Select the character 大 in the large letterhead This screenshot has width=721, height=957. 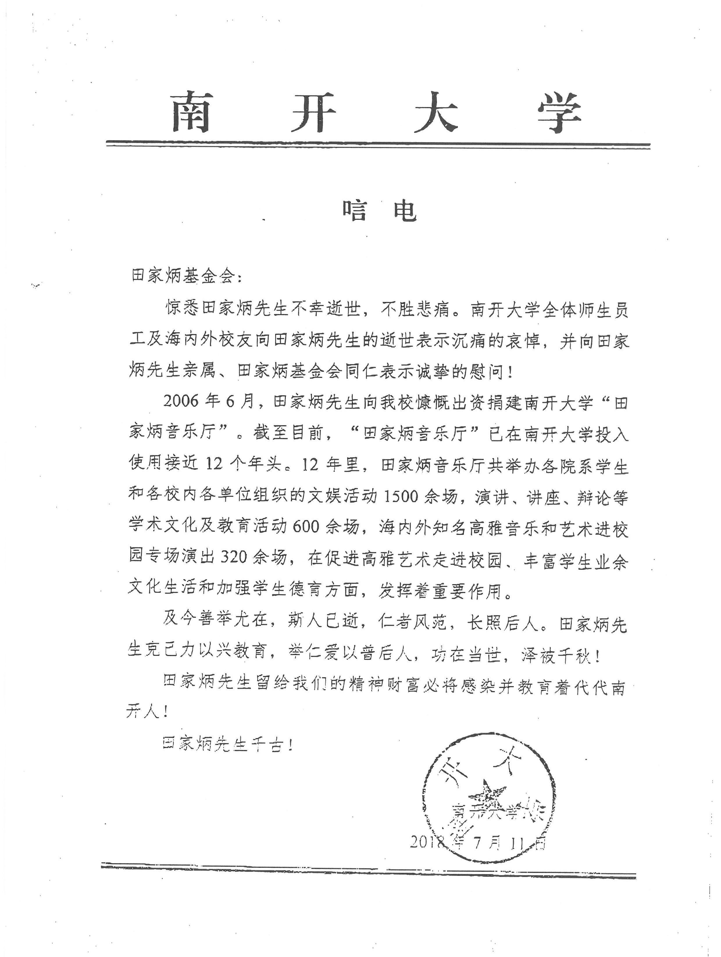tap(436, 112)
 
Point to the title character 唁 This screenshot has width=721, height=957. tap(355, 211)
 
